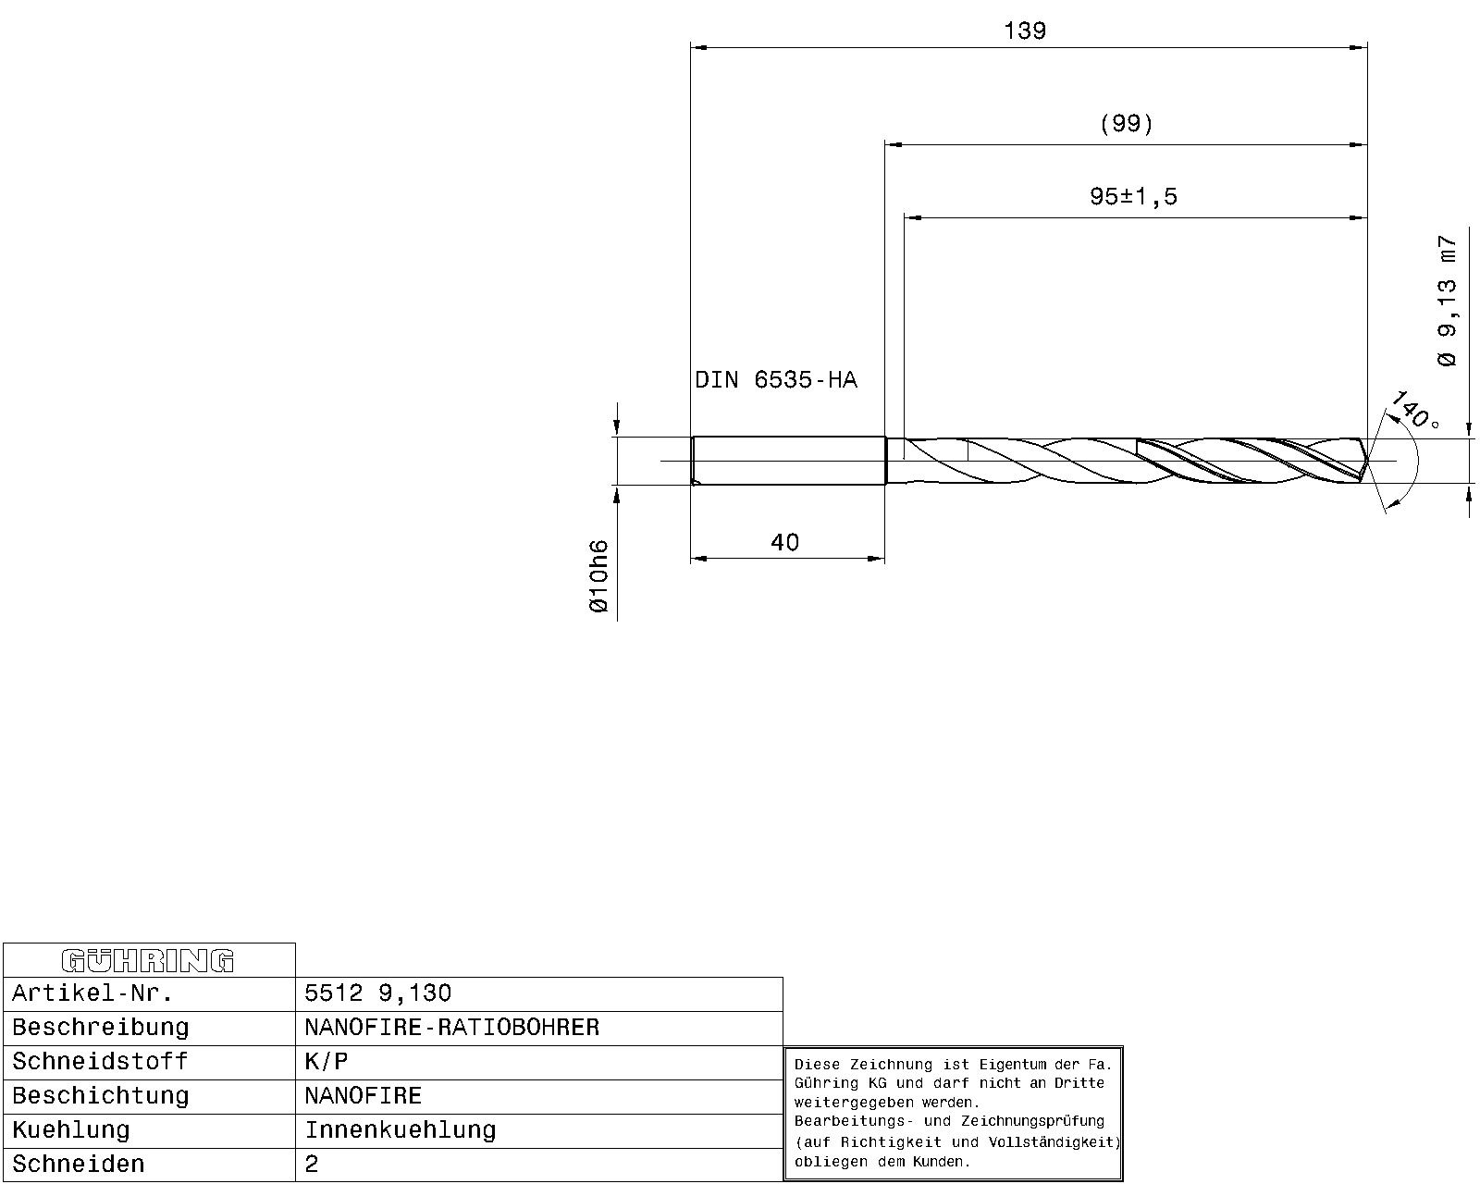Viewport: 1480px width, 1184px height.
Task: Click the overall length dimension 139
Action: [x=1025, y=31]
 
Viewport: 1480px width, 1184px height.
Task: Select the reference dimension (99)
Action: [x=1126, y=124]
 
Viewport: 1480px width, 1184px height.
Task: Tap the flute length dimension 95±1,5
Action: [x=1133, y=197]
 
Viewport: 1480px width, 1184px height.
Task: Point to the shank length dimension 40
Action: [x=784, y=542]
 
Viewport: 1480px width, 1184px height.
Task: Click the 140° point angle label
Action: [x=1415, y=410]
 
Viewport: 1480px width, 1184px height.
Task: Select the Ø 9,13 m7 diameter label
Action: [x=1447, y=302]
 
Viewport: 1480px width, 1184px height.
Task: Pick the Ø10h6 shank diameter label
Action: [x=599, y=576]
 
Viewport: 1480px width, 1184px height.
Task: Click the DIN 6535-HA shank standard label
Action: [x=776, y=380]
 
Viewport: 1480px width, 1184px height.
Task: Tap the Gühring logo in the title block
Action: [x=148, y=960]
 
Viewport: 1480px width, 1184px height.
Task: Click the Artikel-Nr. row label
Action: [x=92, y=993]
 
